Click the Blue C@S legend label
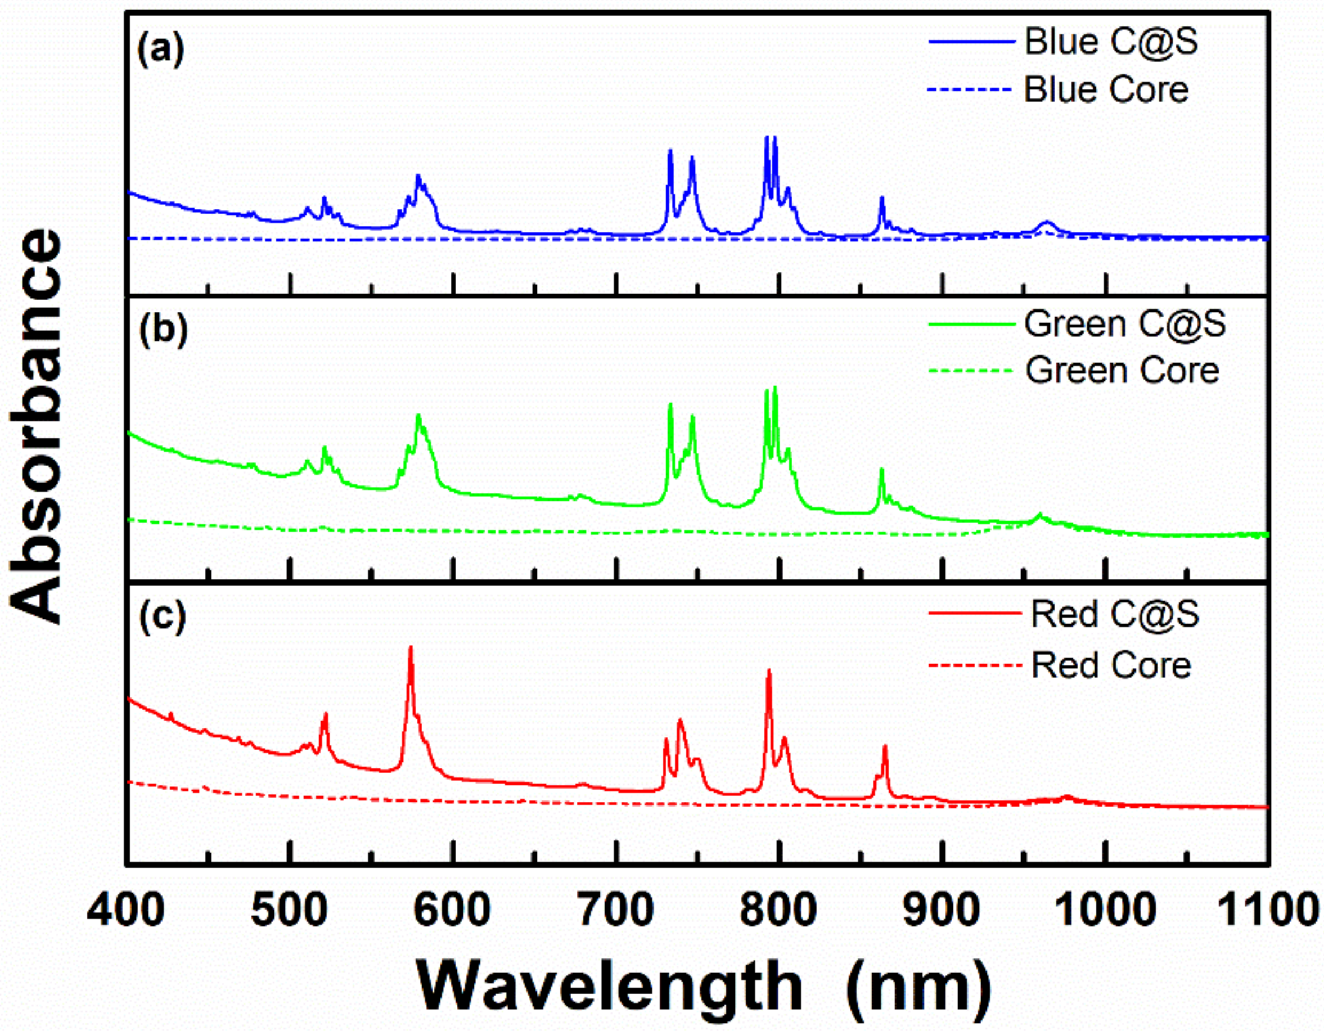(1111, 42)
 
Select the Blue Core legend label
(1106, 90)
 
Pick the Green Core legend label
(1122, 371)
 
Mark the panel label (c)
(161, 618)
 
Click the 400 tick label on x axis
(126, 910)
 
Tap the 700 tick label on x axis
(616, 910)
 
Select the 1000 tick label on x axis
(1106, 910)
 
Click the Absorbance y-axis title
(37, 426)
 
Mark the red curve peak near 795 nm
(769, 670)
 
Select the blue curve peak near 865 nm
(881, 198)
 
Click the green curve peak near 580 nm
(418, 415)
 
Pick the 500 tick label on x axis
(290, 910)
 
